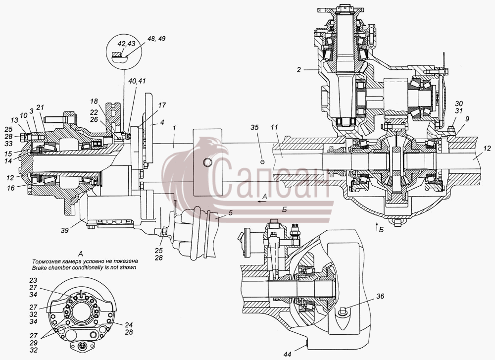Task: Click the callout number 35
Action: tap(254, 127)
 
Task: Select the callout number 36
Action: tap(380, 297)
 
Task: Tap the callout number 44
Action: tap(287, 355)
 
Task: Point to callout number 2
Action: tap(299, 70)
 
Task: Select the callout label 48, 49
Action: tap(156, 39)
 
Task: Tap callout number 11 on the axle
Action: tap(274, 128)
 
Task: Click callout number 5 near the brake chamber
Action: tap(231, 213)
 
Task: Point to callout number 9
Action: tap(467, 119)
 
